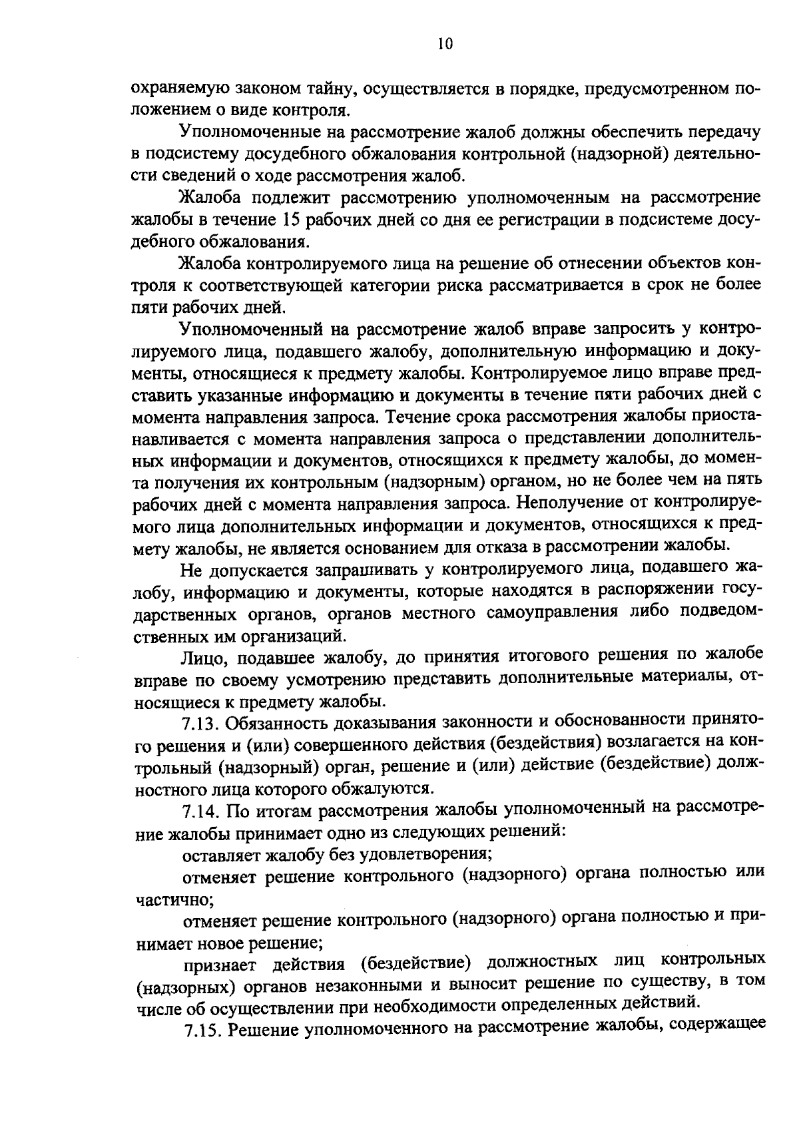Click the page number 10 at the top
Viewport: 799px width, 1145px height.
pos(445,45)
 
